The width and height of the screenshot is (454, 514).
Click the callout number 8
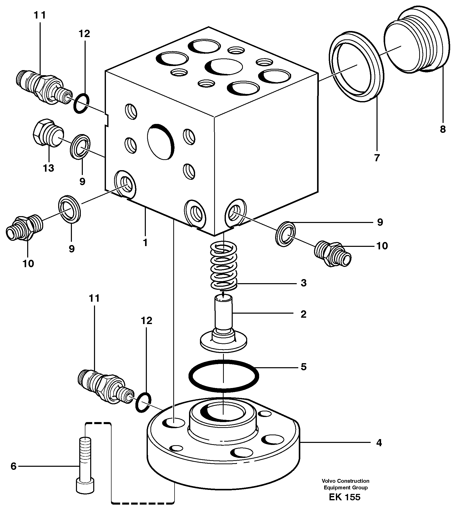click(x=443, y=130)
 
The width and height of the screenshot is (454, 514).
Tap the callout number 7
click(x=377, y=158)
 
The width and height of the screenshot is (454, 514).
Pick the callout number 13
click(x=49, y=168)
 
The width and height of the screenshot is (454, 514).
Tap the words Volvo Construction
click(x=345, y=481)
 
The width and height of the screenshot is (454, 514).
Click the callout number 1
click(x=145, y=243)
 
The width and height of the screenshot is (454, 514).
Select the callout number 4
click(x=379, y=443)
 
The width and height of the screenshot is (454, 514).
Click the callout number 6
click(x=13, y=466)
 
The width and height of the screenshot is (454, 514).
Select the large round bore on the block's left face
click(x=161, y=142)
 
